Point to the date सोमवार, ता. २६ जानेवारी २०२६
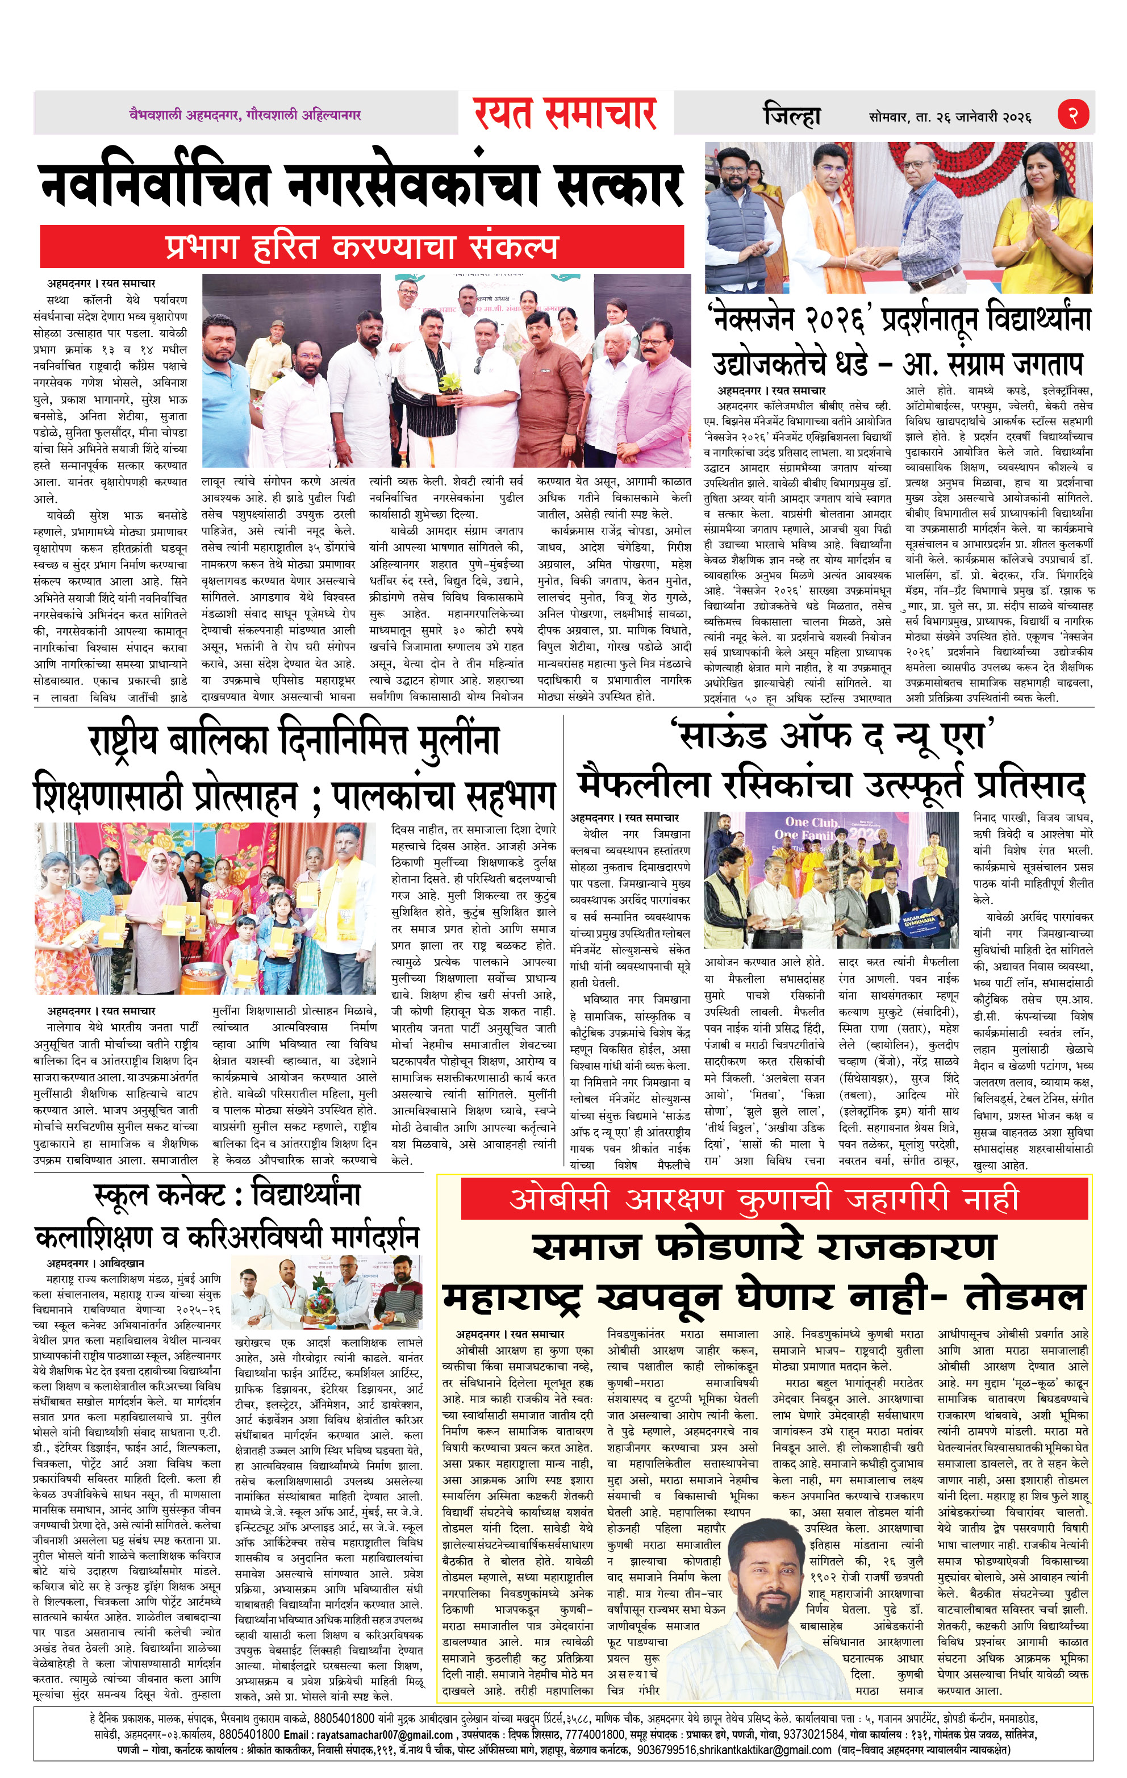[x=950, y=116]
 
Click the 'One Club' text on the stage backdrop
[x=811, y=822]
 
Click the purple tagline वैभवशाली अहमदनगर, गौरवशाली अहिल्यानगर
[x=244, y=114]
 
